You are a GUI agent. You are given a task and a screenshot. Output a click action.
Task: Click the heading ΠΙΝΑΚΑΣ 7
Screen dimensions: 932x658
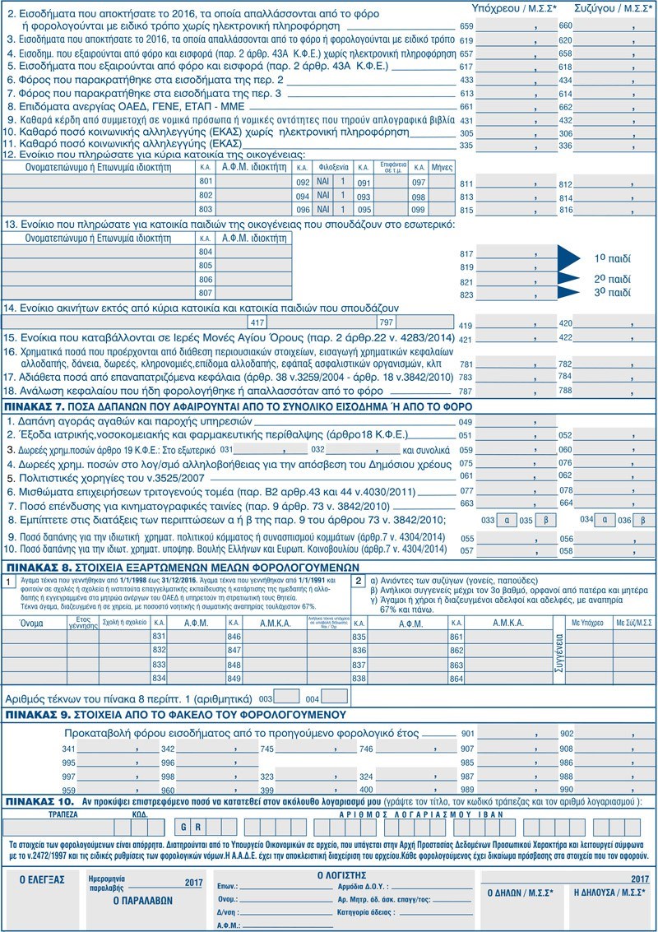pyautogui.click(x=34, y=406)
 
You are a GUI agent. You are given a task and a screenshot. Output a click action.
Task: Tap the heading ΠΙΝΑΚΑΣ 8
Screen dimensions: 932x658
pyautogui.click(x=34, y=568)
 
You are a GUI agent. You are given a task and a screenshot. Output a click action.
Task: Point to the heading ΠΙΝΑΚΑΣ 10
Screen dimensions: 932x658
pyautogui.click(x=36, y=800)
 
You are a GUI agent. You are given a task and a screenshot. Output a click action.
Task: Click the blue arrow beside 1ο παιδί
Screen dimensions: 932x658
pyautogui.click(x=568, y=257)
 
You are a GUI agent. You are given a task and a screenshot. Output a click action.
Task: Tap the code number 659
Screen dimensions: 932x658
pyautogui.click(x=466, y=26)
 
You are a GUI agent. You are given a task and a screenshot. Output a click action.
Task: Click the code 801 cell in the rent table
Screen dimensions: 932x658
pyautogui.click(x=206, y=181)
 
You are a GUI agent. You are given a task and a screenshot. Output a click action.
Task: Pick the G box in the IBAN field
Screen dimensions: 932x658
pyautogui.click(x=184, y=828)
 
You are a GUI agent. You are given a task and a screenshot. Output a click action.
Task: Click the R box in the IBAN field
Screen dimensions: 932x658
pyautogui.click(x=198, y=828)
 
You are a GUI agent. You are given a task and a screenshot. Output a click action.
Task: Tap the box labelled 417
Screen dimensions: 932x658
pyautogui.click(x=257, y=322)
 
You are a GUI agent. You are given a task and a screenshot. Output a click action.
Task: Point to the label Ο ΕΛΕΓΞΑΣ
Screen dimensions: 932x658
pyautogui.click(x=42, y=879)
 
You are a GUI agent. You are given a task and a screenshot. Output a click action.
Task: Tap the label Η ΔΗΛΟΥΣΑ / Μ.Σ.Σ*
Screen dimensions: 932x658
pyautogui.click(x=609, y=893)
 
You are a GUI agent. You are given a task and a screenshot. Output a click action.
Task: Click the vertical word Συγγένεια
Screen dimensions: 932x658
pyautogui.click(x=535, y=653)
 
